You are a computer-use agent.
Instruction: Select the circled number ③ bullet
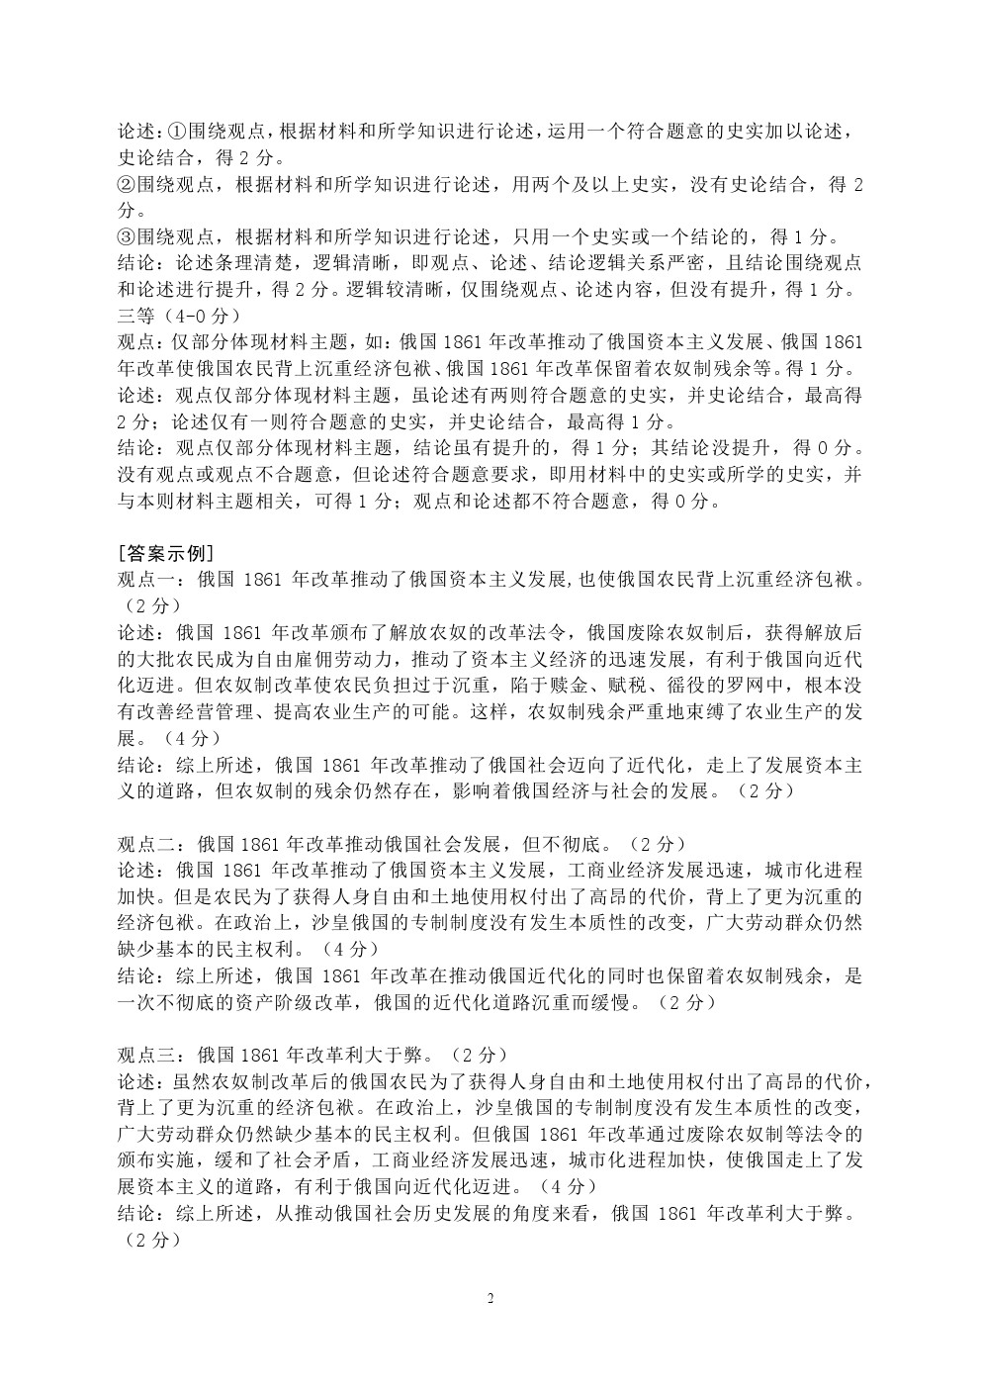coord(126,236)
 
